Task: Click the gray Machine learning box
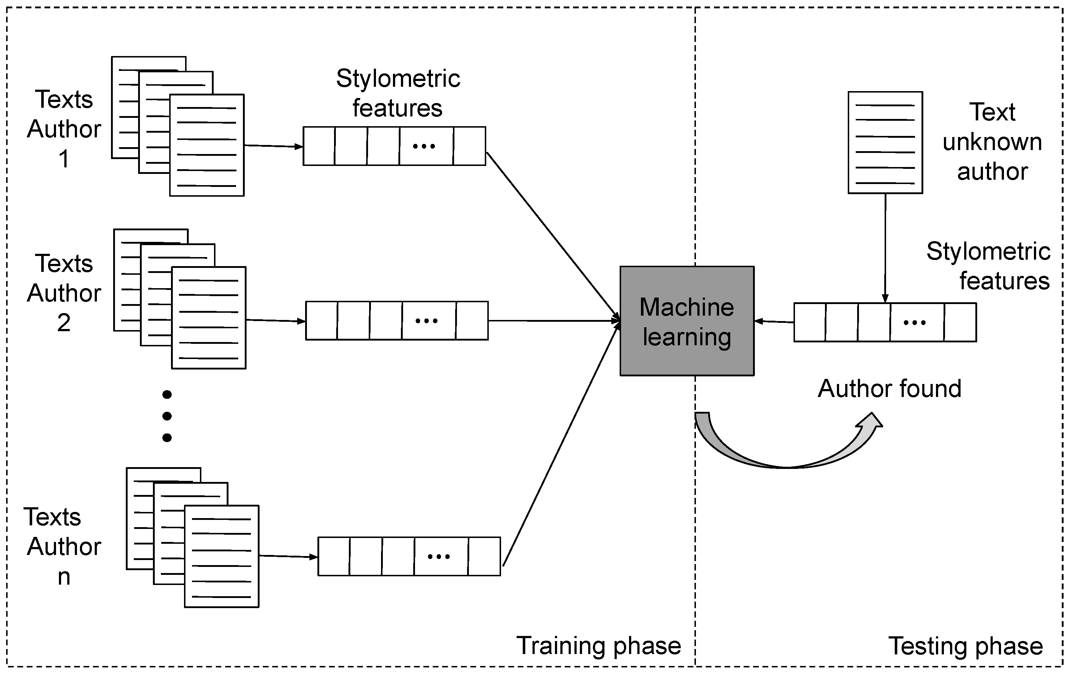click(x=687, y=321)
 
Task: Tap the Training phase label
click(x=598, y=646)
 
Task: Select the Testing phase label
click(x=965, y=646)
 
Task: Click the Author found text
click(x=889, y=389)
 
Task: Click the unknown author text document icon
click(x=885, y=142)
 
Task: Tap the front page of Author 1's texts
click(x=207, y=145)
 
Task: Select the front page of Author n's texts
click(x=222, y=556)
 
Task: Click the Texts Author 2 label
click(x=64, y=293)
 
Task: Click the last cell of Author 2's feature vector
click(x=472, y=321)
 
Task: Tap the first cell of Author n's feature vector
click(x=334, y=556)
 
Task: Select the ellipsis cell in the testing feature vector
click(x=917, y=322)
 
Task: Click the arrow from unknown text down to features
click(x=885, y=249)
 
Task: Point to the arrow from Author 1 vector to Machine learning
click(x=553, y=235)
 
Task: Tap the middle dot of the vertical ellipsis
click(x=167, y=416)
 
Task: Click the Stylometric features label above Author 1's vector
click(x=398, y=93)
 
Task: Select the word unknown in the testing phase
click(x=992, y=142)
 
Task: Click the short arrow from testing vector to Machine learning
click(x=774, y=321)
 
